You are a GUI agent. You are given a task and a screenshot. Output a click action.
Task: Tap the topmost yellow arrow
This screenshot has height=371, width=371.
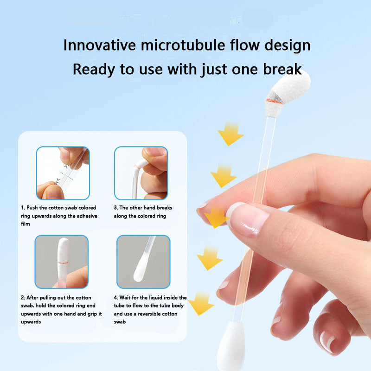click(x=230, y=134)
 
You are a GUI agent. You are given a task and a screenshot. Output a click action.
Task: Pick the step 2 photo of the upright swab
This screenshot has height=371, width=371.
click(x=62, y=262)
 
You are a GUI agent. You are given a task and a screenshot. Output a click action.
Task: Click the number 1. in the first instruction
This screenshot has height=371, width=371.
click(x=23, y=208)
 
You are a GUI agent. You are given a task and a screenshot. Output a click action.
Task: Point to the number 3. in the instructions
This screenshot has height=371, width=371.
click(x=115, y=208)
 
